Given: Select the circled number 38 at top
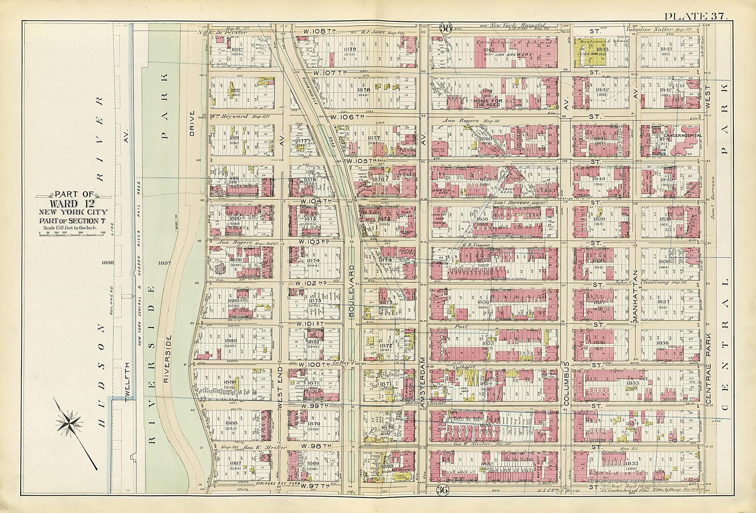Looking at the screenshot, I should pos(446,27).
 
